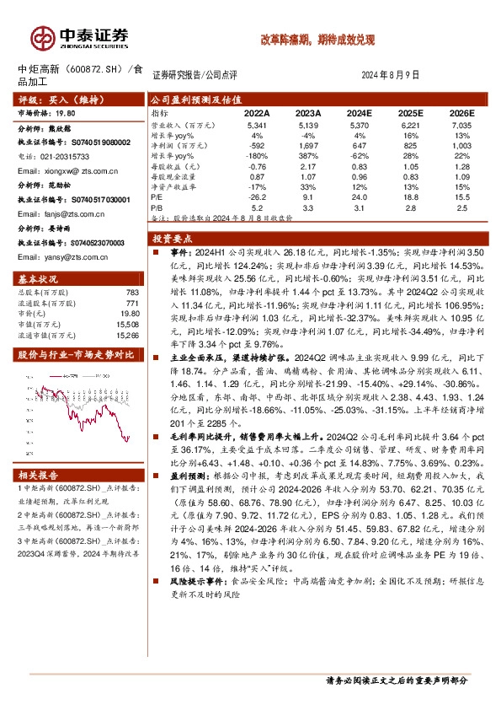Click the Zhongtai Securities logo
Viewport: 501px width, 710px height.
81,38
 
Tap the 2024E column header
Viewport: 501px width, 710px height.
360,111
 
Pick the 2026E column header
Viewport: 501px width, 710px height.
462,111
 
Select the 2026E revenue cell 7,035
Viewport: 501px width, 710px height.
462,124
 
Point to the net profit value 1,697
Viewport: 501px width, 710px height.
308,145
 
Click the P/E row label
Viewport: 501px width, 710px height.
157,196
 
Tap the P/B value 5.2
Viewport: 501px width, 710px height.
257,206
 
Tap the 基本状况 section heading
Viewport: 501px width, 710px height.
39,278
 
